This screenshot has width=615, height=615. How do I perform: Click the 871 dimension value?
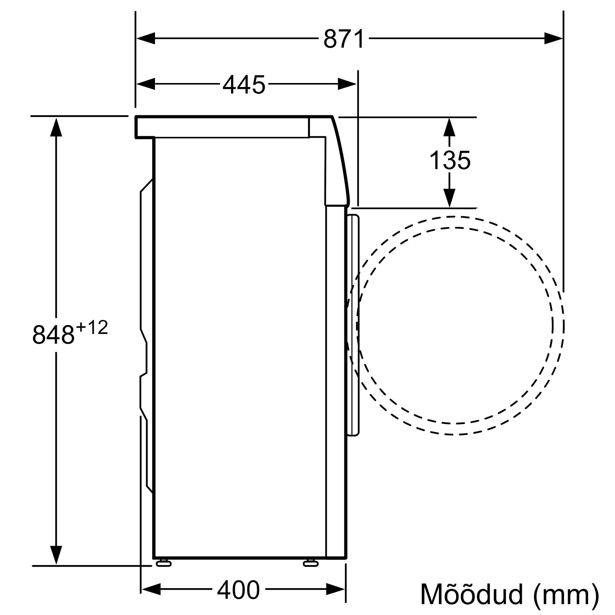click(344, 39)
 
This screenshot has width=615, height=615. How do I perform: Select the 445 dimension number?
click(244, 84)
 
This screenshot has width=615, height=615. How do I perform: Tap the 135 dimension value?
click(450, 160)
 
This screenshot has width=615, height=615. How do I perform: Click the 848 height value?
click(53, 335)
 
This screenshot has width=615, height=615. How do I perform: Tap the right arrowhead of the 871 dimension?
click(553, 38)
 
